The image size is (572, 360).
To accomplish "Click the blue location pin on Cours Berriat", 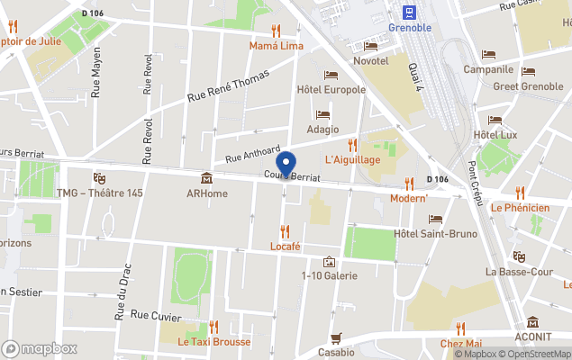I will pyautogui.click(x=286, y=166).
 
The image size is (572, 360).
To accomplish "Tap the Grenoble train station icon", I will pyautogui.click(x=410, y=11).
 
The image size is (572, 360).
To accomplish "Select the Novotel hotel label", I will pyautogui.click(x=370, y=60).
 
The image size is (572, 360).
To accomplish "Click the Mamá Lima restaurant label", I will pyautogui.click(x=276, y=45).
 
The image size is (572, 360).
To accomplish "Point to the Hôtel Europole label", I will pyautogui.click(x=331, y=89).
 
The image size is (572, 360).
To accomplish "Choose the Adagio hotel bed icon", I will pyautogui.click(x=322, y=114).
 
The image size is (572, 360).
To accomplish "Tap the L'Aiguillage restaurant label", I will pyautogui.click(x=352, y=159).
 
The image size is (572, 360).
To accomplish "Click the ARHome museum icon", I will pyautogui.click(x=206, y=177).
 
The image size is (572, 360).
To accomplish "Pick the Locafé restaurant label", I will pyautogui.click(x=285, y=246).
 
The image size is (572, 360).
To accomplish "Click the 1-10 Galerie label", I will pyautogui.click(x=330, y=275).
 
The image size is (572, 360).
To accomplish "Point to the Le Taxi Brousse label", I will pyautogui.click(x=213, y=342).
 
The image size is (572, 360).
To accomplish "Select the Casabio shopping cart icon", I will pyautogui.click(x=336, y=338).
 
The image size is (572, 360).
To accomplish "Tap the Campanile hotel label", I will pyautogui.click(x=488, y=69).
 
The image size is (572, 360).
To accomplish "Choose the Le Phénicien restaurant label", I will pyautogui.click(x=520, y=208).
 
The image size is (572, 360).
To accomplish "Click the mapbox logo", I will pyautogui.click(x=40, y=348).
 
